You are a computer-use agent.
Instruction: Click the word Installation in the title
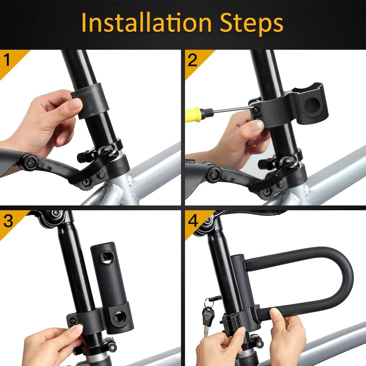pos(146,23)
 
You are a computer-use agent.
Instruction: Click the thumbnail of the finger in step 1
pos(76,105)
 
